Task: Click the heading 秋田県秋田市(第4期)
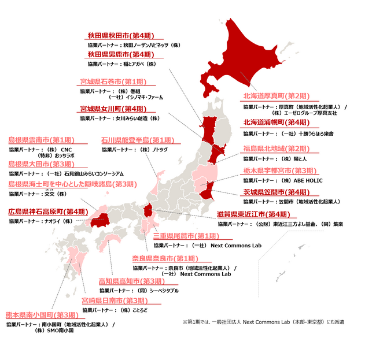(x=121, y=35)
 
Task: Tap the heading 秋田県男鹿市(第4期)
(x=121, y=55)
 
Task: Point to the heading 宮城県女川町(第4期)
(x=113, y=109)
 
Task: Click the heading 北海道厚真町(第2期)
(x=277, y=97)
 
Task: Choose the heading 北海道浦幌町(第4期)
(x=277, y=123)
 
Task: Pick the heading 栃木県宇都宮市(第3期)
(x=279, y=171)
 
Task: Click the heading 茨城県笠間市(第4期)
(x=277, y=192)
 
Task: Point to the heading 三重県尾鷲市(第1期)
(x=186, y=236)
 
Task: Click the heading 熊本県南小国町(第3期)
(x=41, y=315)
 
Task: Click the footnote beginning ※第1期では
(x=262, y=321)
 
